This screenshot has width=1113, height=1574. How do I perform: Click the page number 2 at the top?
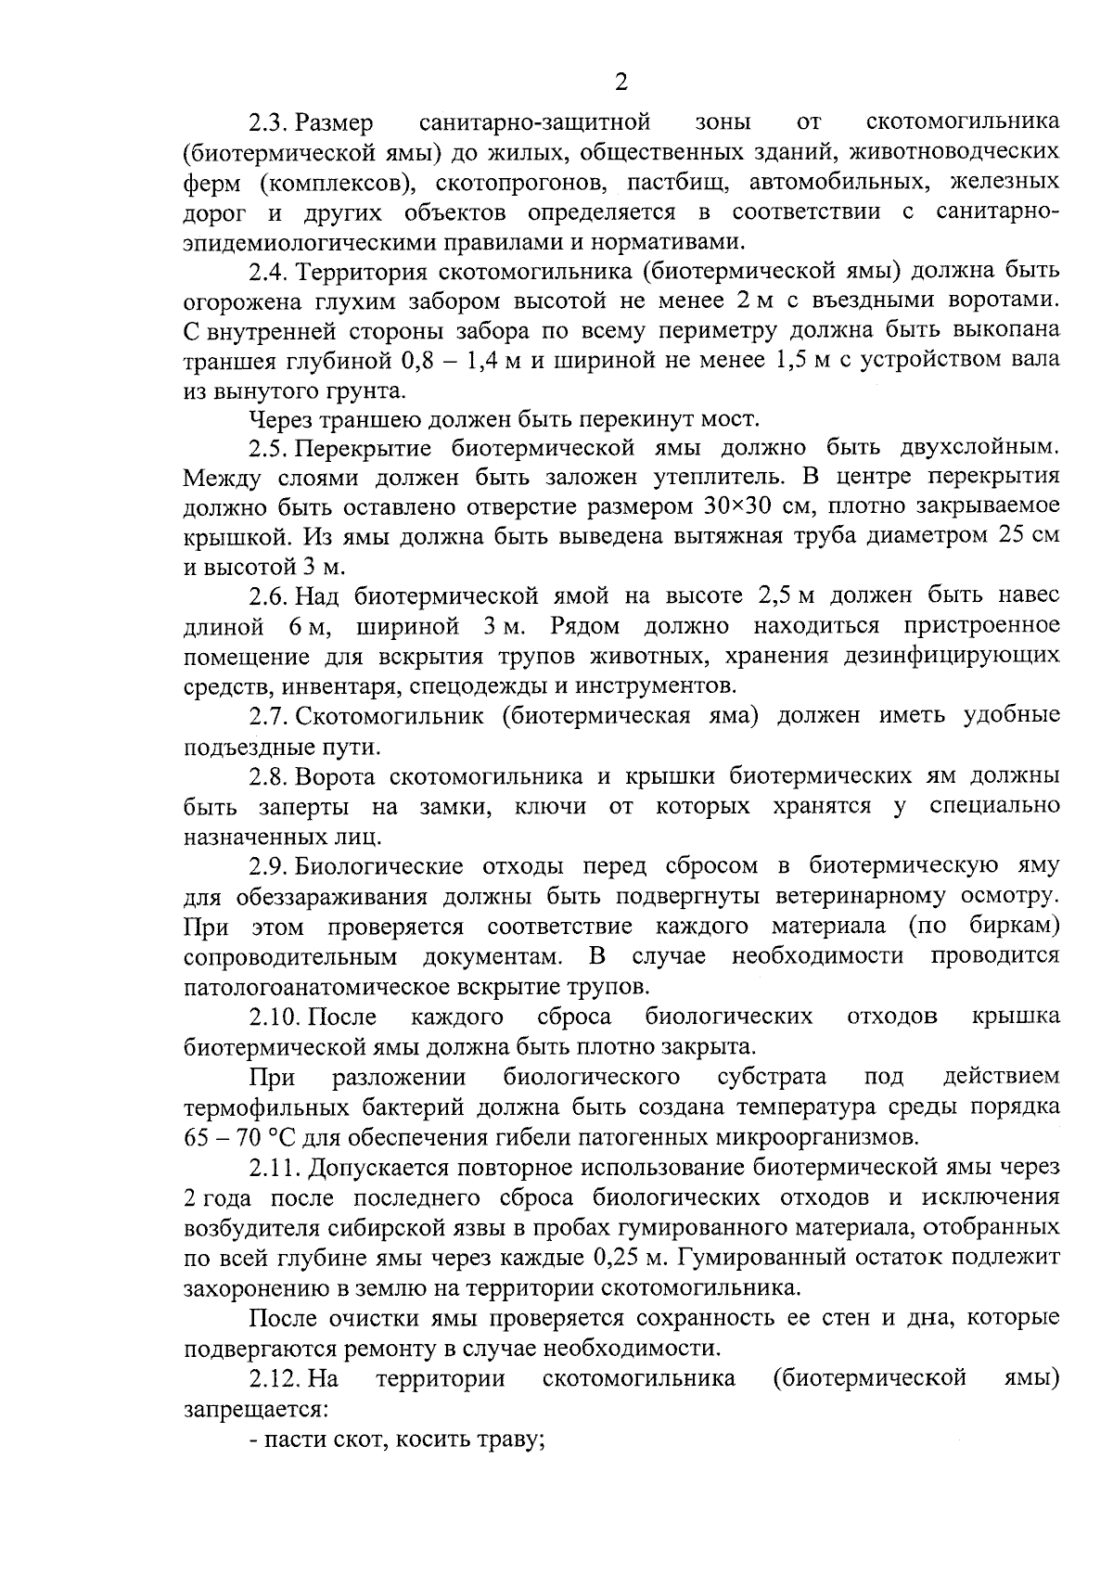621,83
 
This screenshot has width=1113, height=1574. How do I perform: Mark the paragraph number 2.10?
274,1017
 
